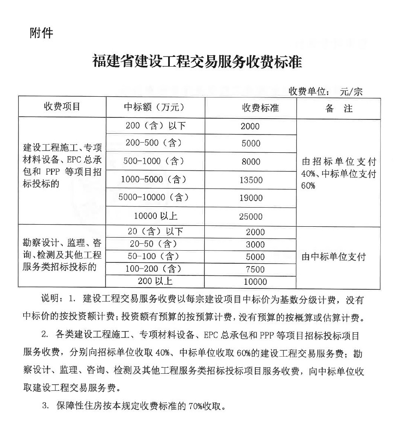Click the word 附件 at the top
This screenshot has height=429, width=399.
[x=42, y=33]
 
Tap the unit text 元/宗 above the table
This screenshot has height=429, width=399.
[x=351, y=91]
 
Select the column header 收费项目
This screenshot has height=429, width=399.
[x=62, y=107]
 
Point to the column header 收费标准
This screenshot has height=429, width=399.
[x=261, y=108]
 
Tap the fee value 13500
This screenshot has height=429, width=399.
[x=251, y=180]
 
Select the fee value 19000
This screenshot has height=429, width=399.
[x=251, y=198]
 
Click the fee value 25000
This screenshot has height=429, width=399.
[x=251, y=217]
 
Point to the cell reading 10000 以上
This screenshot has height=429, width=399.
[x=156, y=216]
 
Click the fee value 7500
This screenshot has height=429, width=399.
[x=255, y=269]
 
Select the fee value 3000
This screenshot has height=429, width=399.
[x=255, y=245]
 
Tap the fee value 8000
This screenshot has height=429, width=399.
[x=251, y=162]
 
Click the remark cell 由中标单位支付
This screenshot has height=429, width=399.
[x=333, y=257]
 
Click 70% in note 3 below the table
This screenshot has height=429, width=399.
[x=197, y=406]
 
